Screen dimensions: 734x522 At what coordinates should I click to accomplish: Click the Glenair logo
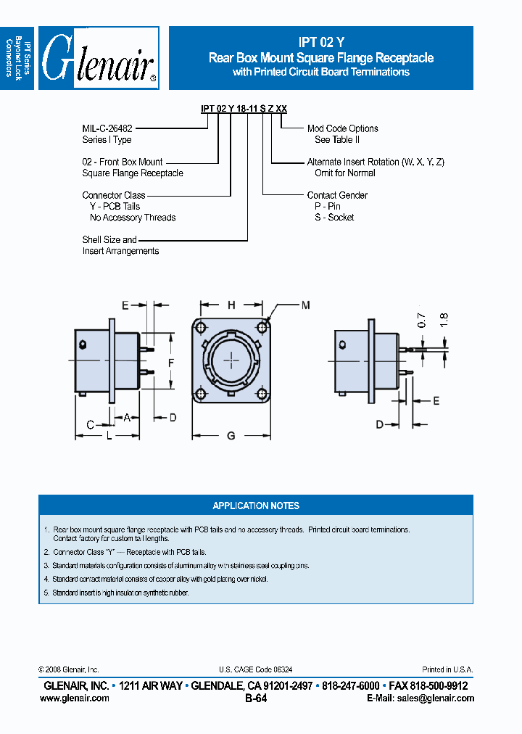coord(99,59)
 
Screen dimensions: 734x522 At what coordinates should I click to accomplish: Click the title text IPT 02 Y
coord(320,43)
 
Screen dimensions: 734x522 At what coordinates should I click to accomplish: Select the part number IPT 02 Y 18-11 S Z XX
coord(244,108)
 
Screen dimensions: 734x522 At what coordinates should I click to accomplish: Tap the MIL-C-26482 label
coord(107,128)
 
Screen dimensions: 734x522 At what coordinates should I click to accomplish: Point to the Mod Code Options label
coord(342,128)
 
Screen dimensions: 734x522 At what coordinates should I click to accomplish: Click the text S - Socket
coord(331,218)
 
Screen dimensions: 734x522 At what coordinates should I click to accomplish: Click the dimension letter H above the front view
coord(231,305)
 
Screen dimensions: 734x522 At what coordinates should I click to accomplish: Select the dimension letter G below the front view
coord(231,436)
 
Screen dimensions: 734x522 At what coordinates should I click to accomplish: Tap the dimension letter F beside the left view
coord(170,361)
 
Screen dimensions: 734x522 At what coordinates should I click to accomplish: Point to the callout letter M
coord(305,305)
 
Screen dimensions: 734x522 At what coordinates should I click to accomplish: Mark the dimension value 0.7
coord(421,320)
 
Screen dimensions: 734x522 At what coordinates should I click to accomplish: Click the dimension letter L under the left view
coord(109,435)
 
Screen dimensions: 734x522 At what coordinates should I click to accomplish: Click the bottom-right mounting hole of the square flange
coord(262,394)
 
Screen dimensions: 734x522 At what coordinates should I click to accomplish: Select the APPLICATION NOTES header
coord(256,506)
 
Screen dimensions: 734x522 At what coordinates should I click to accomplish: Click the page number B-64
coord(256,698)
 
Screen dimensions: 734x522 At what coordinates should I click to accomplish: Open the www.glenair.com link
coord(74,698)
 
